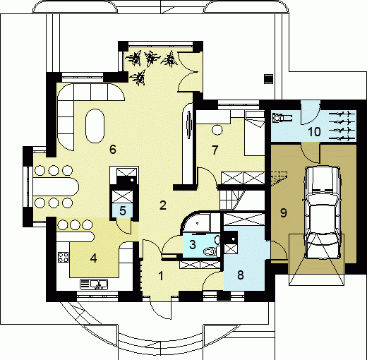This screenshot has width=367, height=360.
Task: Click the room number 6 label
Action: tap(113, 149)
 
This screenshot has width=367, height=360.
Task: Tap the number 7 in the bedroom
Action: tap(215, 150)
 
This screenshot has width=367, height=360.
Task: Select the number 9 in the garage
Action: tap(284, 212)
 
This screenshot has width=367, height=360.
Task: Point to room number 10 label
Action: tap(314, 132)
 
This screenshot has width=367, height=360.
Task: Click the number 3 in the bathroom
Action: tap(193, 244)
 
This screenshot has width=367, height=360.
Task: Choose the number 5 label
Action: tap(123, 210)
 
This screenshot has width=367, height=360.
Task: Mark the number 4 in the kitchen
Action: tap(94, 258)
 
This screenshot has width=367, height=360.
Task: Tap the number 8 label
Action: tap(240, 275)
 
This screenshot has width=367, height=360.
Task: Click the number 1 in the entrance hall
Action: tap(161, 276)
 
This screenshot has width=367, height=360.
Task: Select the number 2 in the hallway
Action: tap(163, 205)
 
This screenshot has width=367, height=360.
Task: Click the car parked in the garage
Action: tap(323, 212)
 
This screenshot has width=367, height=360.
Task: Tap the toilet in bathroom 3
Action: tap(211, 251)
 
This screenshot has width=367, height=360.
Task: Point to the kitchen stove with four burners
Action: tap(63, 257)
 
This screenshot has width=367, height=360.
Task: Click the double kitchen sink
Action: tap(94, 284)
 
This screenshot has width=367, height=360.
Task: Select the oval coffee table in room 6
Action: tap(95, 126)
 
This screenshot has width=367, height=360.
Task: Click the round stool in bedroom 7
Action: tap(217, 129)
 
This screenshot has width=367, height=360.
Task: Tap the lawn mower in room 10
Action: tap(282, 117)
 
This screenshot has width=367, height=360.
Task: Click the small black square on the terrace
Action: tap(268, 79)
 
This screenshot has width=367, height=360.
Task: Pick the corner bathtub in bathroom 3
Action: tap(196, 222)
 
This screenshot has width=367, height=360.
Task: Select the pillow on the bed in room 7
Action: tap(255, 115)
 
